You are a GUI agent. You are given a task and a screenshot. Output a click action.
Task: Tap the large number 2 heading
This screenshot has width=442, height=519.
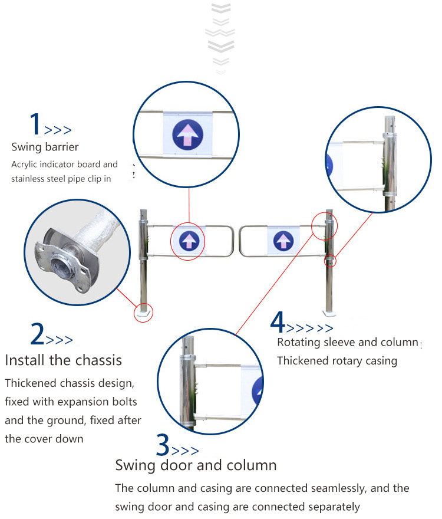coord(37,334)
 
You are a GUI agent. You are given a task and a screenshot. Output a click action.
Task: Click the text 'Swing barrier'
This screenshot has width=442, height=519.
coord(45,147)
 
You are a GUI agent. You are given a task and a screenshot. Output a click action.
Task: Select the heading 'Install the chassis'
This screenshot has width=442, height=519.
coord(63,360)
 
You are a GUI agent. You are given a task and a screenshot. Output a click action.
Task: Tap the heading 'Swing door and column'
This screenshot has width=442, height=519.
coord(196,465)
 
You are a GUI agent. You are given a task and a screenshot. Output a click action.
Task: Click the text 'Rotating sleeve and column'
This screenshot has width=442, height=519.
coord(347,343)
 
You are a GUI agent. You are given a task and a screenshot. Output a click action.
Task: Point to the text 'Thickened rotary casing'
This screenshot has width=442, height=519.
coord(337,360)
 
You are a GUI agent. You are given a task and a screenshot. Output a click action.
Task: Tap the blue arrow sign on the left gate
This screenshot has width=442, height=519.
coord(187,240)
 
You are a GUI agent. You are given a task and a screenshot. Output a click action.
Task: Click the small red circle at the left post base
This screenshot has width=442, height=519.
coord(144,313)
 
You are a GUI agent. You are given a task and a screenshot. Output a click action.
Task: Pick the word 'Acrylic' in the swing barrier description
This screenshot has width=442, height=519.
coord(25,165)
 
